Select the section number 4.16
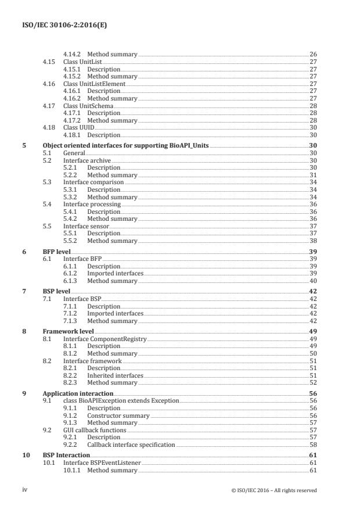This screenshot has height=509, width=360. [x=49, y=84]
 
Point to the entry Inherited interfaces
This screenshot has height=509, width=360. [x=115, y=375]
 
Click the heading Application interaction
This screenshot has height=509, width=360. [x=78, y=393]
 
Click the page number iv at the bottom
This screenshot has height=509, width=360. [x=24, y=490]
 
